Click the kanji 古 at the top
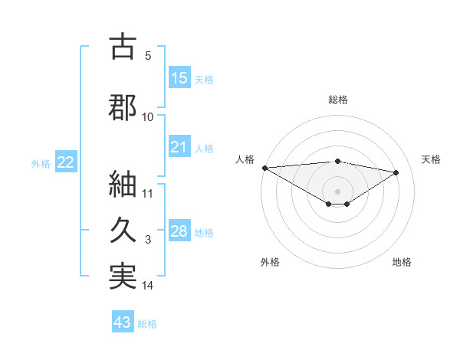[x=123, y=47]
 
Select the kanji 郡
[x=123, y=107]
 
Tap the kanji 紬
[x=123, y=185]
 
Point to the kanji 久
[x=123, y=231]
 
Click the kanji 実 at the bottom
[x=123, y=277]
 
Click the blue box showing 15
[x=179, y=78]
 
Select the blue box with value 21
[x=179, y=147]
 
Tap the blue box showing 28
[x=179, y=231]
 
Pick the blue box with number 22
[x=65, y=162]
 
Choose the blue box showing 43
[x=123, y=322]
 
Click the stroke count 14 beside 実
[x=148, y=286]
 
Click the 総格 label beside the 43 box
[x=148, y=324]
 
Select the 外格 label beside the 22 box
[x=41, y=163]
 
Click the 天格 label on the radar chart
[x=432, y=159]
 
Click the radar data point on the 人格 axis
[x=264, y=168]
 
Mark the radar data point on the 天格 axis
[x=396, y=172]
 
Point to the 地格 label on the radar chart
[x=402, y=262]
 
